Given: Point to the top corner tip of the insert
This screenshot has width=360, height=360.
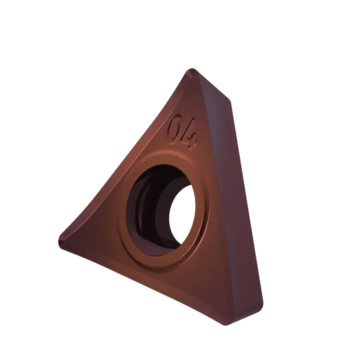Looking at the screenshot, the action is (192, 69).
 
